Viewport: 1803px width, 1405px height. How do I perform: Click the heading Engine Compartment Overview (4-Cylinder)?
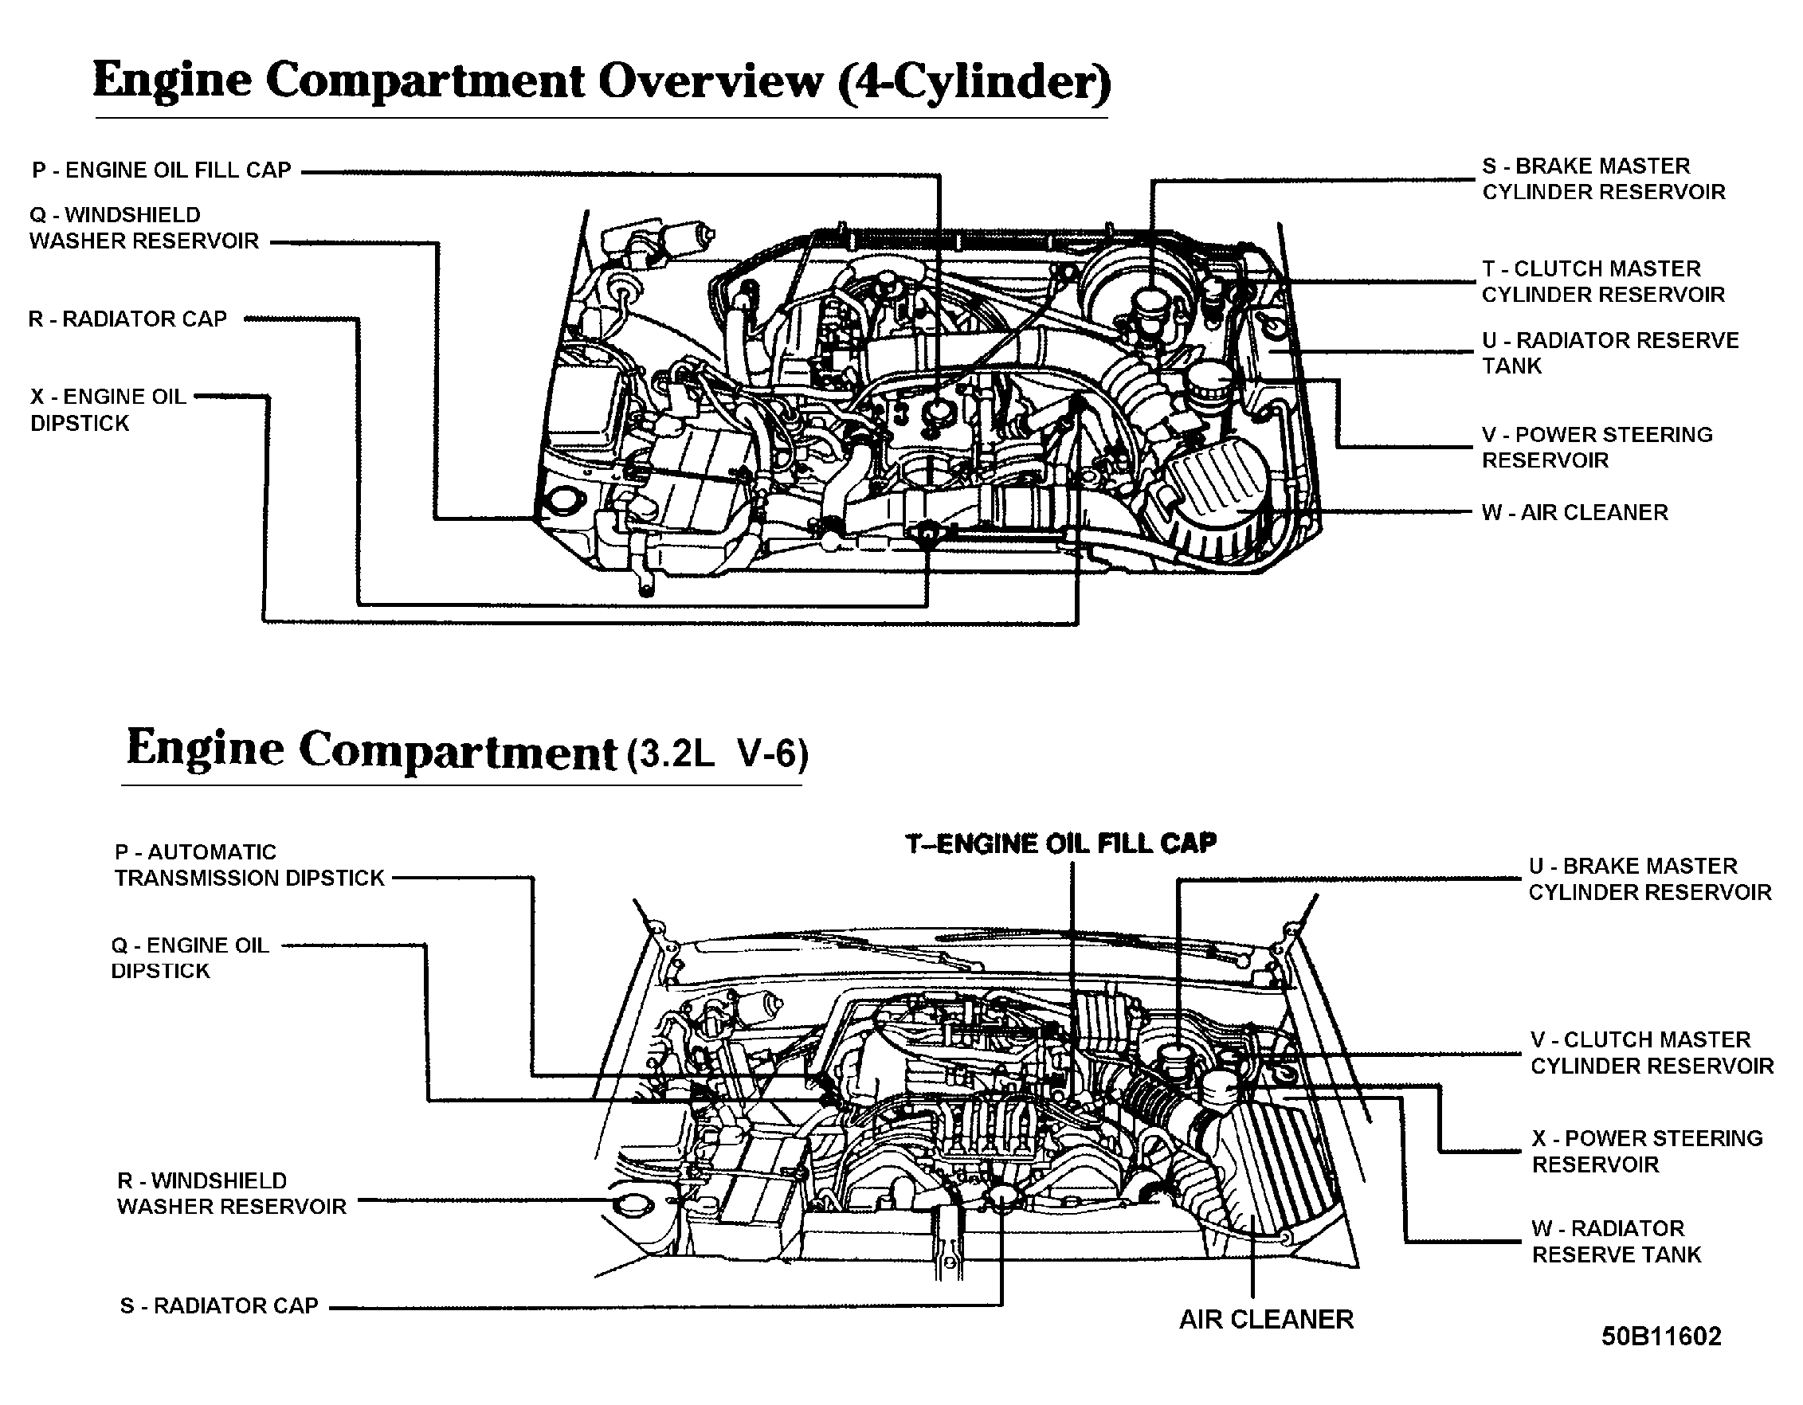coord(601,83)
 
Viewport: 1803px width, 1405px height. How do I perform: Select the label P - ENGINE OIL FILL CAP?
coord(162,170)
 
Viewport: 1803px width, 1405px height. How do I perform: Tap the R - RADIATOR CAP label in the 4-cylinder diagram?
coord(128,319)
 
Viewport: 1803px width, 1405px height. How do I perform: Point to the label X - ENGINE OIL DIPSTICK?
coord(108,409)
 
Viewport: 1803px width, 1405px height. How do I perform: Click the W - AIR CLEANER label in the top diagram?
coord(1574,513)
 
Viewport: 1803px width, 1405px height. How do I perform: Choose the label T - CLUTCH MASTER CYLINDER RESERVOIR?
coord(1602,281)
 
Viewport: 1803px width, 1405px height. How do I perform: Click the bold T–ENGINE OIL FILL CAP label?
coord(1060,843)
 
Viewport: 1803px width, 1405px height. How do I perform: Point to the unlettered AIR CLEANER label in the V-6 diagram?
coord(1265,1320)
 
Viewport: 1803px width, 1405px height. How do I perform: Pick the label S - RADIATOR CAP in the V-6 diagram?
coord(220,1306)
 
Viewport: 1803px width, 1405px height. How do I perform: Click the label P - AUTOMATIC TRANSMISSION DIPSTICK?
coord(249,865)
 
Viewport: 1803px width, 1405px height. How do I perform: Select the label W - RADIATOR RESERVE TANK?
coord(1617,1242)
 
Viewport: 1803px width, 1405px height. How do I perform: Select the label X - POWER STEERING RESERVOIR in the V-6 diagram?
coord(1647,1152)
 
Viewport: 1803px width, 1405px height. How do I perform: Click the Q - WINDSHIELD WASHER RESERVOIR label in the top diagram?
coord(144,228)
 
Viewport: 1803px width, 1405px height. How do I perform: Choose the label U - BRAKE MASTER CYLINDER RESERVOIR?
coord(1649,879)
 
